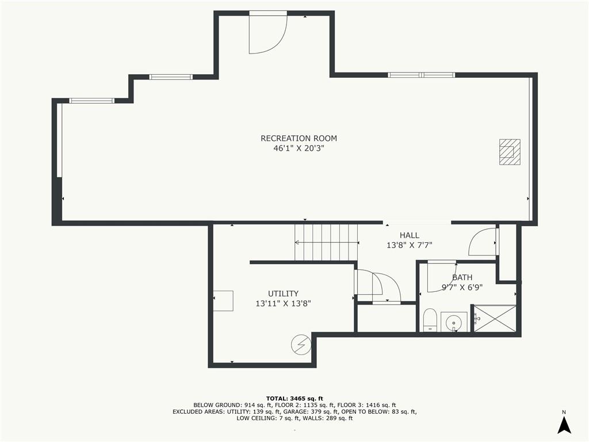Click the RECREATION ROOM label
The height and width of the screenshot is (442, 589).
coord(299,138)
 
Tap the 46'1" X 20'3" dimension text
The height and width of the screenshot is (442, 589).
coord(299,148)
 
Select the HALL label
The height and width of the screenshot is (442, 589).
coord(410,235)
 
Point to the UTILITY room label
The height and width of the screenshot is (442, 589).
coord(283,294)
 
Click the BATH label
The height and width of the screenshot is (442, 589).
coord(462,278)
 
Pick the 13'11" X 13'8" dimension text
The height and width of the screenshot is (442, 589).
coord(283,304)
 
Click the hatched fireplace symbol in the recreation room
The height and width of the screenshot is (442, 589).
coord(510,152)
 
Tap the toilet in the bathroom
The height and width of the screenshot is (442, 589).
coord(430,320)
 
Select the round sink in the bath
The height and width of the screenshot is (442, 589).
coord(454,322)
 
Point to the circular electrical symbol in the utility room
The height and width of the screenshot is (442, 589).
coord(301,344)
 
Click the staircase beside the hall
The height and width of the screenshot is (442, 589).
coord(326,242)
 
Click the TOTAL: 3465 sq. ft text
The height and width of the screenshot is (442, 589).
coord(294,398)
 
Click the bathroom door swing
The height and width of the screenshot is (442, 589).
coord(442,277)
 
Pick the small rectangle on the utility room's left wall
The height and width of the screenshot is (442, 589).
coord(223,300)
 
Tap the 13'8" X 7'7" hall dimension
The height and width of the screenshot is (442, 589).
coord(410,245)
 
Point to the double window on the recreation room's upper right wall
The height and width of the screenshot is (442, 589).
coord(421,75)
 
